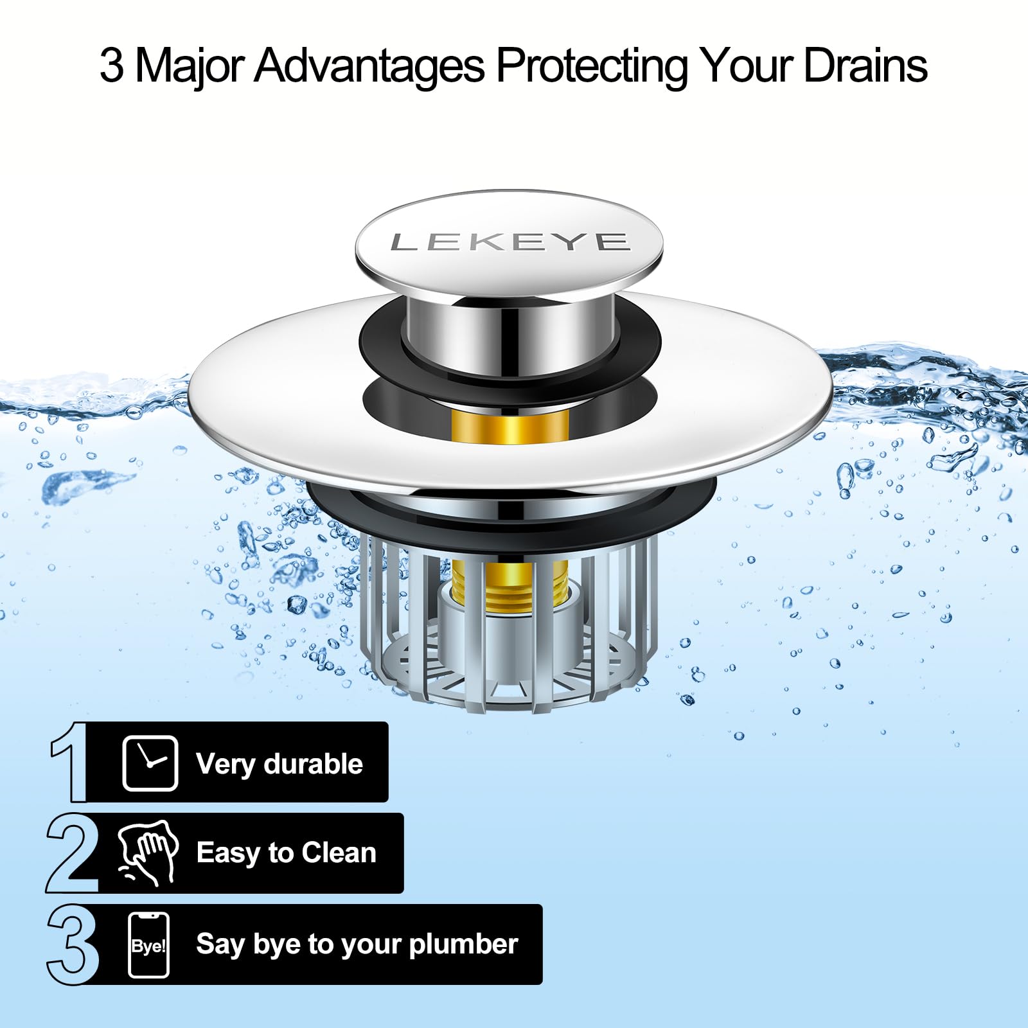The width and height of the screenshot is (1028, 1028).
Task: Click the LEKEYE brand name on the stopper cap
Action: (509, 242)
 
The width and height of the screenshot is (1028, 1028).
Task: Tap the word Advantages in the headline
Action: (369, 65)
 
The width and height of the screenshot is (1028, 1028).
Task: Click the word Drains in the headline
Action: (865, 65)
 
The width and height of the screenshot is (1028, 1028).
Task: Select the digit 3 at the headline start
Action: (111, 66)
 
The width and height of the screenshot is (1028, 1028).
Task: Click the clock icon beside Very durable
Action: (150, 763)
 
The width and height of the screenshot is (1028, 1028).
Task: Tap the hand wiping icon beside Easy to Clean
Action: (148, 853)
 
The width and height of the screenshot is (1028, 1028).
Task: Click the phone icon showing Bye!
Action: (149, 944)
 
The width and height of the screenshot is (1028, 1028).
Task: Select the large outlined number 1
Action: (71, 762)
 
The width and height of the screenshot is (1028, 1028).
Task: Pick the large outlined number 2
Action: (73, 853)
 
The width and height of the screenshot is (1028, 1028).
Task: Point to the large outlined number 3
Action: (73, 944)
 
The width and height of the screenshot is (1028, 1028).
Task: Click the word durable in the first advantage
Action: (313, 764)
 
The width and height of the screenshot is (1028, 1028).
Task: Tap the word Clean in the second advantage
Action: (339, 853)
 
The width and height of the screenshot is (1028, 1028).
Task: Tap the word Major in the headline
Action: (190, 66)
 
